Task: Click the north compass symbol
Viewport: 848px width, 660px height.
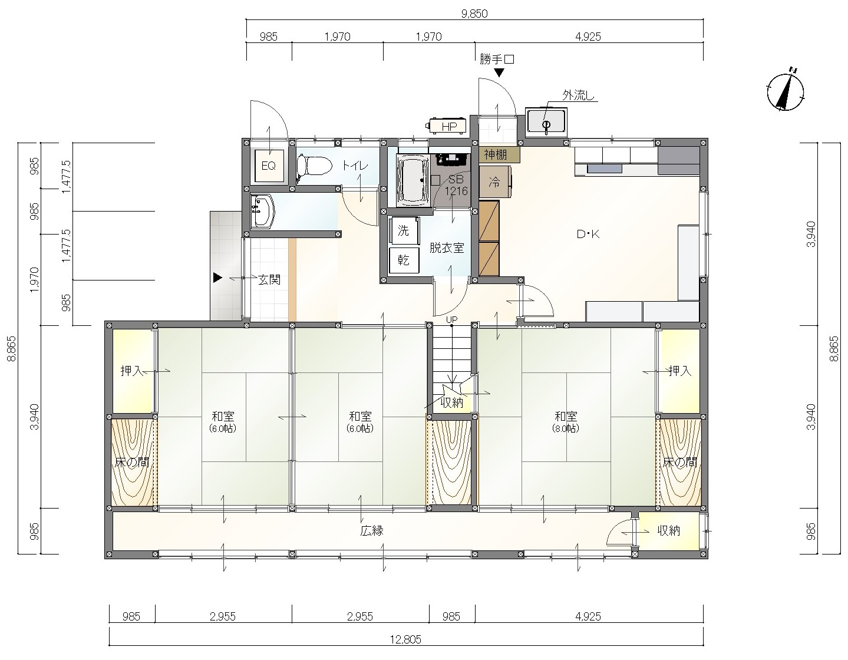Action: [x=785, y=92]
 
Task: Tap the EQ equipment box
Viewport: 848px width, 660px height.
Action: [x=269, y=166]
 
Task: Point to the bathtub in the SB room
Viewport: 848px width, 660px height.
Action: [x=413, y=180]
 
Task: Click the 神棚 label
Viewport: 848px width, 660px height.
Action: [x=496, y=155]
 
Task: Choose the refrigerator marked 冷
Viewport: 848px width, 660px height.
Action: [x=495, y=182]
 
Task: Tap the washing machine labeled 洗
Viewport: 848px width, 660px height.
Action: [x=404, y=230]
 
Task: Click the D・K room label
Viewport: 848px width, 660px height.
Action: [x=588, y=234]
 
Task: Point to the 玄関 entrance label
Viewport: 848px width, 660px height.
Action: [x=269, y=279]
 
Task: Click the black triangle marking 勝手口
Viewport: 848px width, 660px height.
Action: [x=499, y=73]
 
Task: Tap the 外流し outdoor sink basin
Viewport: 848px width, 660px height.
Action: [x=546, y=122]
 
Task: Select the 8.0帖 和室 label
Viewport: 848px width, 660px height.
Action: [x=566, y=422]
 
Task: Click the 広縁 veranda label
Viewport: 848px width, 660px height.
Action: [x=372, y=530]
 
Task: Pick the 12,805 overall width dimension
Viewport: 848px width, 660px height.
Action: [x=406, y=639]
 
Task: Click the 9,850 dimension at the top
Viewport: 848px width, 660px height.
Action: [x=474, y=14]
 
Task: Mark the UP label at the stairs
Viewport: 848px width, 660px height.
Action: [x=452, y=320]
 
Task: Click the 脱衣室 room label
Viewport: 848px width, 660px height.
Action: [x=447, y=247]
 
